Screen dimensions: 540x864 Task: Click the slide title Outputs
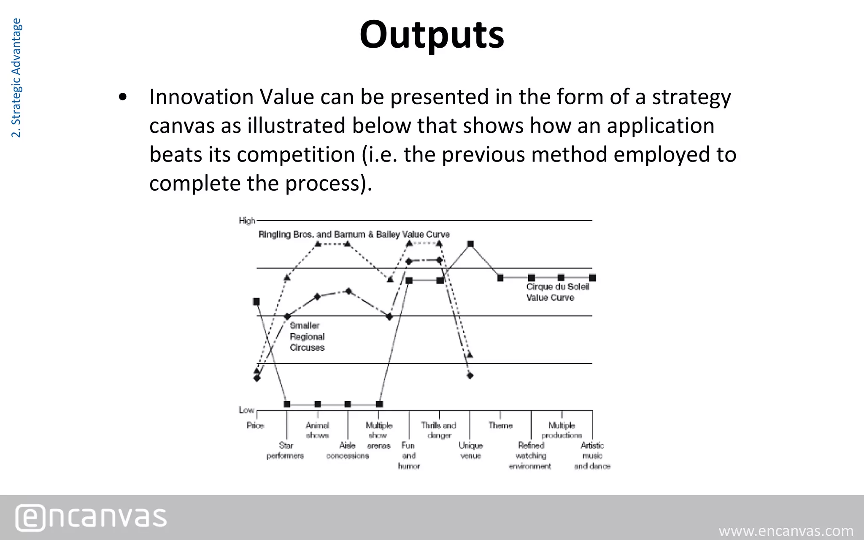432,35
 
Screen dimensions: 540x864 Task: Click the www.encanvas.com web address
786,530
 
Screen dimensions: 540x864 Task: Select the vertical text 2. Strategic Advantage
16,78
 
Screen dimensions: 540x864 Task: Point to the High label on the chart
247,221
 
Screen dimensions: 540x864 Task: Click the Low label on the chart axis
246,410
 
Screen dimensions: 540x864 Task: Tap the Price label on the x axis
255,426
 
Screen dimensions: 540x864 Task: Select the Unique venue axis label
471,451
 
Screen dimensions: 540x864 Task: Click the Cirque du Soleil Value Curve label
557,292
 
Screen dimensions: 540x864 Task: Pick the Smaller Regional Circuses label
307,337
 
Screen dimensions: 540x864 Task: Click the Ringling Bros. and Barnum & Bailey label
354,235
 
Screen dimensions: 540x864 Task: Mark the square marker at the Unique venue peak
470,244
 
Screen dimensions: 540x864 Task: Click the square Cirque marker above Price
256,302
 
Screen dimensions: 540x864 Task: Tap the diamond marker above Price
257,378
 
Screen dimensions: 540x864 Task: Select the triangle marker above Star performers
287,278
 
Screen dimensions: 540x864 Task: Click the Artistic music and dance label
592,456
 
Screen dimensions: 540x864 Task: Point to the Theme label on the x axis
500,426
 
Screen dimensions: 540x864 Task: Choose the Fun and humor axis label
408,456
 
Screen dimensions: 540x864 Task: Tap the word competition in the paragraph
296,154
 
